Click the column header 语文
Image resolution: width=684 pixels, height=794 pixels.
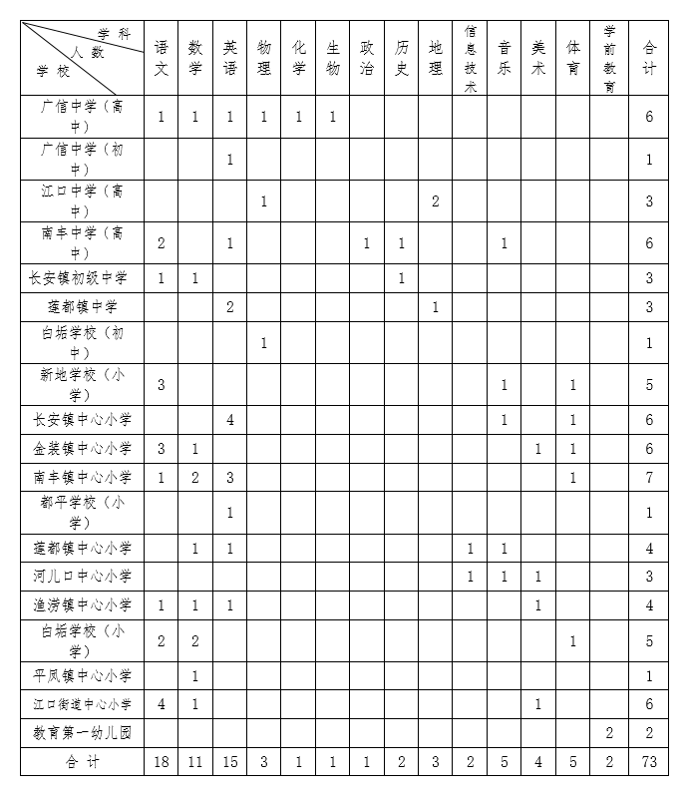[162, 58]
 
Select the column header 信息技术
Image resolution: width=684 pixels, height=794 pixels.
[470, 58]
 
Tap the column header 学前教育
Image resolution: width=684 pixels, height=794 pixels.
[609, 58]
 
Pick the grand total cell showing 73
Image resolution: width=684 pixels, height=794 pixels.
[649, 762]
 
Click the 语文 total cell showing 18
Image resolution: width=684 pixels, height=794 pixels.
[162, 762]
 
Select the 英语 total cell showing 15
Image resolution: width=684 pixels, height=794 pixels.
[229, 762]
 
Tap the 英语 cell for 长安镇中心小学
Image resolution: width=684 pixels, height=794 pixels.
[229, 420]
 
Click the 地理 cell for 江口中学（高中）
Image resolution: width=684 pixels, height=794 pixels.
[436, 201]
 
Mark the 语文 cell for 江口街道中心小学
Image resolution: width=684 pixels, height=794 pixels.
[162, 704]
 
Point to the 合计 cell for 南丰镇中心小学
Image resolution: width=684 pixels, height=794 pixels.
[649, 478]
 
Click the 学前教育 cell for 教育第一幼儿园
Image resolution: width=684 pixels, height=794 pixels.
[609, 733]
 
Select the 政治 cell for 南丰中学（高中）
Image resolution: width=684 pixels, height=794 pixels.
[367, 243]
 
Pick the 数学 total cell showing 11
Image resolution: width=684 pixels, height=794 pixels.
[195, 762]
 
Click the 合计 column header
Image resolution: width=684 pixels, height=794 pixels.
[649, 58]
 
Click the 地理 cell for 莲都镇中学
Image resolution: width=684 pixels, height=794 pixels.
[436, 307]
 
